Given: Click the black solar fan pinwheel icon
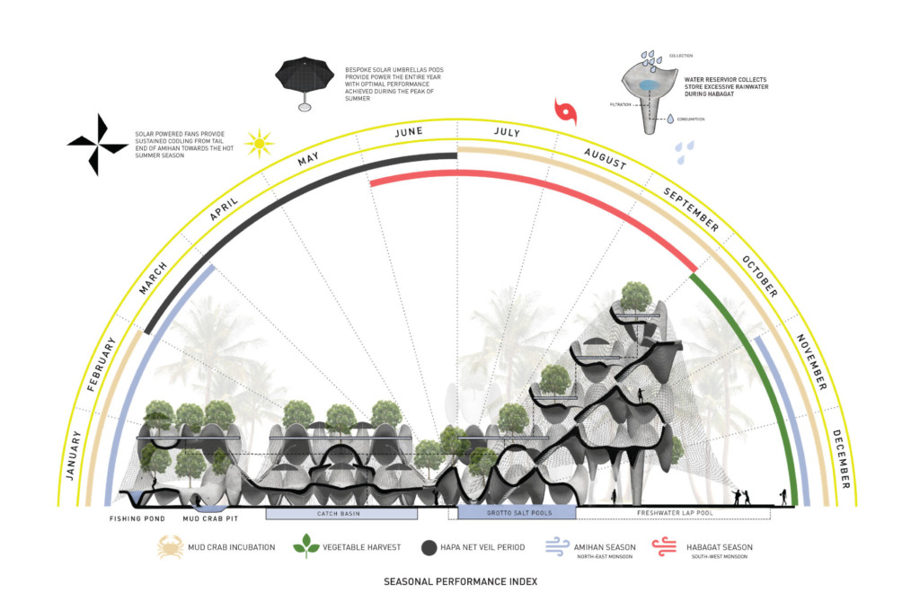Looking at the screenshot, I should (98, 142).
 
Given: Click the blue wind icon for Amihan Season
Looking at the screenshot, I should (561, 545).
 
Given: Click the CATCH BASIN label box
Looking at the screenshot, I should (341, 514).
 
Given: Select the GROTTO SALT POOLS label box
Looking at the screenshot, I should (517, 513).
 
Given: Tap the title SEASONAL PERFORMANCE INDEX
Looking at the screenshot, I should (460, 581).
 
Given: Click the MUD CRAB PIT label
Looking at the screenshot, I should (210, 519).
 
